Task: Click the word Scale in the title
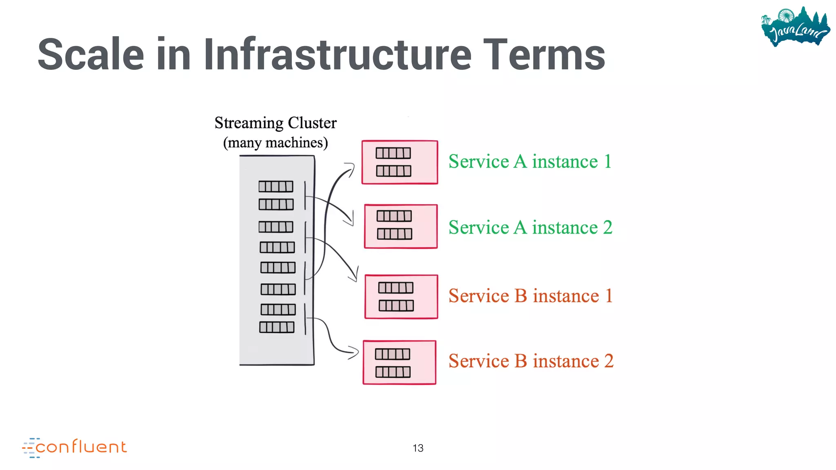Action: point(91,55)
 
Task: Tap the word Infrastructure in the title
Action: point(337,55)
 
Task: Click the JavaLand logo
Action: point(795,27)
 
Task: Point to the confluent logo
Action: point(75,447)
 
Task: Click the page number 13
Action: point(418,448)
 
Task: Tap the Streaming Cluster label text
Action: point(276,123)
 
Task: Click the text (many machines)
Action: point(276,143)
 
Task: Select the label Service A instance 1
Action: point(530,162)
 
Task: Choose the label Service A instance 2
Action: point(530,228)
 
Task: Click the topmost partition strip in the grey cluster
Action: point(276,186)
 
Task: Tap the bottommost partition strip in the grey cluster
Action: point(277,327)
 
